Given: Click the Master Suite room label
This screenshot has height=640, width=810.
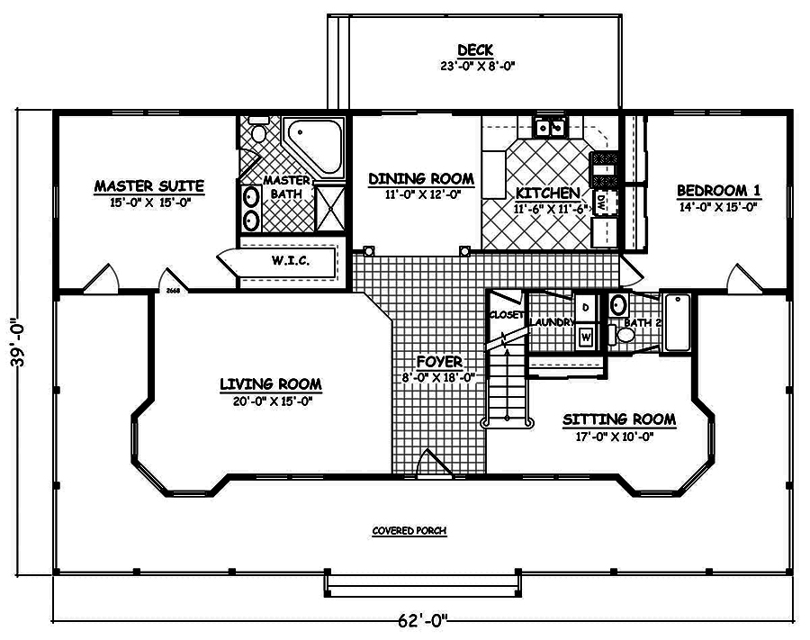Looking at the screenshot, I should [x=149, y=186].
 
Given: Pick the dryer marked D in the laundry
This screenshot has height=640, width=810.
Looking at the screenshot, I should [x=586, y=306].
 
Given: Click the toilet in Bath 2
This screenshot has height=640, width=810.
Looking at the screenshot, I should [x=624, y=334].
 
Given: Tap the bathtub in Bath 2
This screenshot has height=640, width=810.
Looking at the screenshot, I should [x=677, y=321].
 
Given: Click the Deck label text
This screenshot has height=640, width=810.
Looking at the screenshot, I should [x=473, y=50].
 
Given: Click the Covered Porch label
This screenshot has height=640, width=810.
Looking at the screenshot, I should [x=409, y=531].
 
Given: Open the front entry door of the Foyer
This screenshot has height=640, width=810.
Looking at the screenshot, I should [x=436, y=466].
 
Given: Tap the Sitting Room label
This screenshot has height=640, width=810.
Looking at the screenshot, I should [x=619, y=420].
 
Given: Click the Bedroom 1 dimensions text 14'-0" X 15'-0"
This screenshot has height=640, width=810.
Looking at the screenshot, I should [x=718, y=206].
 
